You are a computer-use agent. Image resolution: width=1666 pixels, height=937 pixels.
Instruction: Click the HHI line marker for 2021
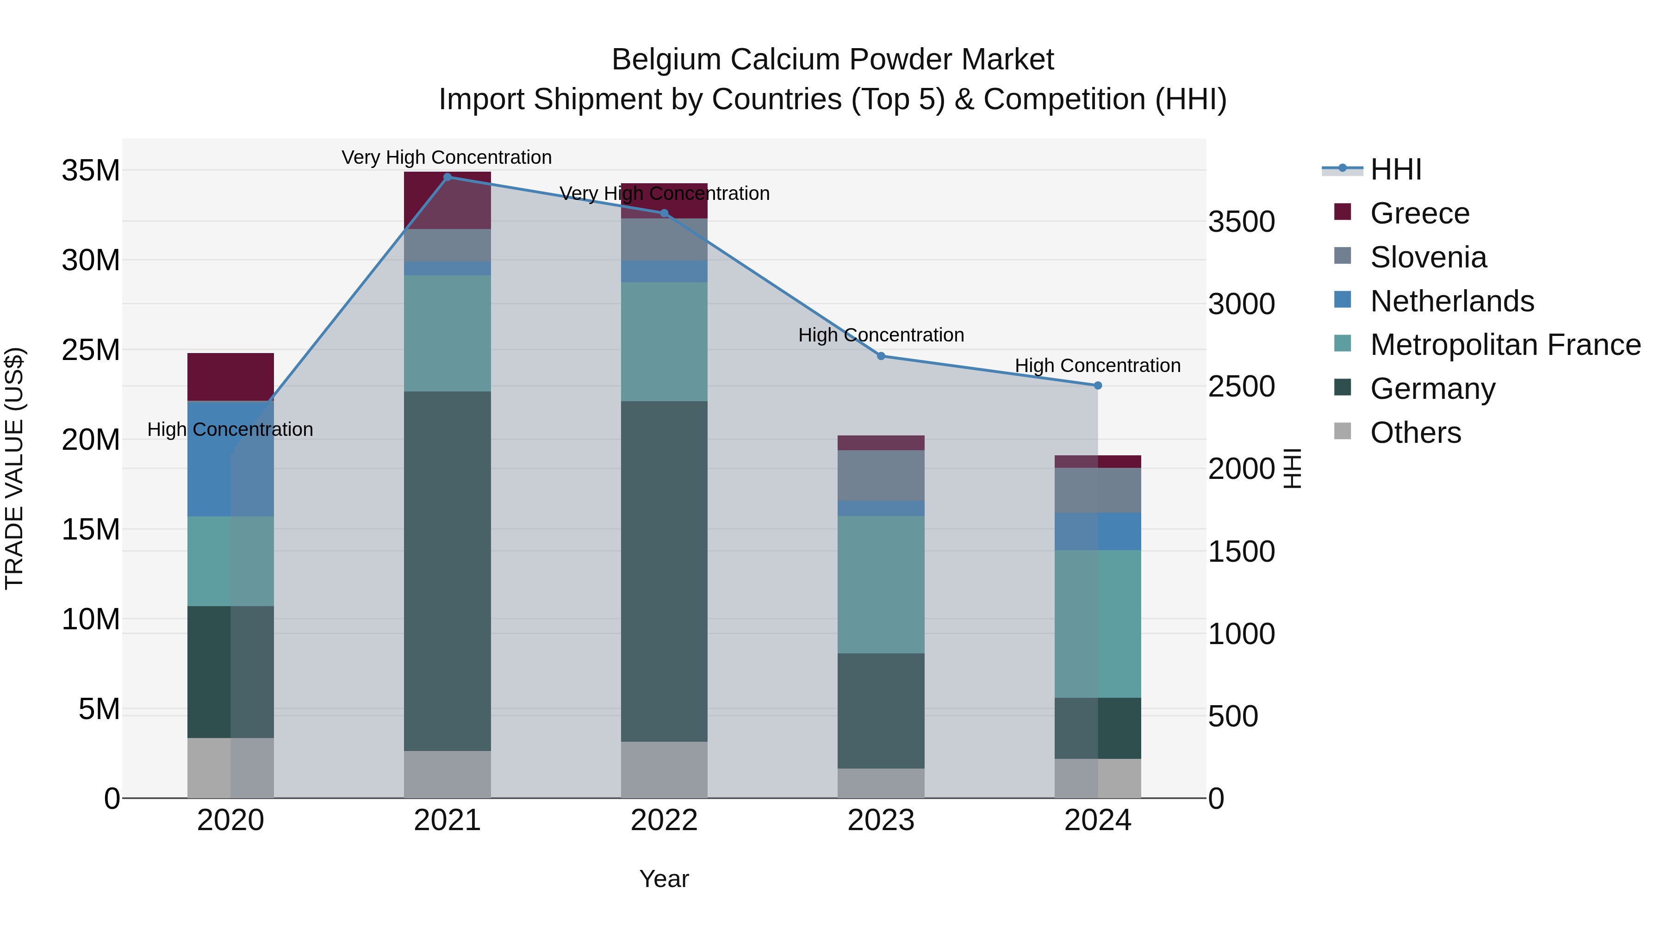click(x=447, y=177)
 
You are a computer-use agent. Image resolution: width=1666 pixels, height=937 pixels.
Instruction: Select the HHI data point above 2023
click(x=881, y=356)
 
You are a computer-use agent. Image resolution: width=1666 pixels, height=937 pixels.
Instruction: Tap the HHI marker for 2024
click(x=1098, y=385)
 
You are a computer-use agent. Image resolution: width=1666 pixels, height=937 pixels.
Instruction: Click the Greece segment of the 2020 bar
click(x=230, y=377)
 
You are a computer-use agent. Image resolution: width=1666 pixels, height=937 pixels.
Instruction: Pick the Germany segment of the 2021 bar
click(x=447, y=571)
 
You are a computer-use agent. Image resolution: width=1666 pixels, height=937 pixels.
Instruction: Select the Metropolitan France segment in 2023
click(x=881, y=584)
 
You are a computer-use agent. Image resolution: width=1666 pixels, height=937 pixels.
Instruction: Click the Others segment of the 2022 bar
click(x=664, y=769)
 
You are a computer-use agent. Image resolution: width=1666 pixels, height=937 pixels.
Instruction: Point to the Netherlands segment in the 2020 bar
click(x=230, y=459)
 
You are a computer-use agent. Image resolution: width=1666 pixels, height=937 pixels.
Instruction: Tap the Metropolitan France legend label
click(x=1505, y=345)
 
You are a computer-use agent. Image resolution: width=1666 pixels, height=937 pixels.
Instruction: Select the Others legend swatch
click(x=1343, y=431)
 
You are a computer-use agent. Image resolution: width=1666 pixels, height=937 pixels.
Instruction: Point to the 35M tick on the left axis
click(x=91, y=171)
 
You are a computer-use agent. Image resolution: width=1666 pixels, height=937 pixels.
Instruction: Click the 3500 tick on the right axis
click(x=1241, y=222)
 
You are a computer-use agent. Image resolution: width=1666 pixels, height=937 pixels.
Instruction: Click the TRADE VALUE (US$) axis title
click(x=14, y=468)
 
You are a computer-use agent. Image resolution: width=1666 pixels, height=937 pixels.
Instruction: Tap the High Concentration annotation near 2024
click(x=1098, y=366)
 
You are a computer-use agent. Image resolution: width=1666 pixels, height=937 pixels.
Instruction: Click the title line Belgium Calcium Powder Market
click(x=833, y=60)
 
